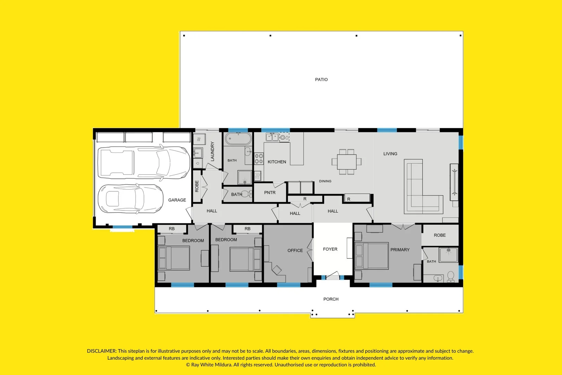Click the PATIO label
click(x=321, y=80)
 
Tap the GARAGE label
click(x=177, y=200)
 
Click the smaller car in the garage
click(x=130, y=199)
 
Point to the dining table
click(x=347, y=161)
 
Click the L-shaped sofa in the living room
click(x=421, y=194)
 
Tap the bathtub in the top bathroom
click(x=238, y=139)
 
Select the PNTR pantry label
click(x=270, y=193)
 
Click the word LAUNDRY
click(x=212, y=151)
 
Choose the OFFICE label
click(x=295, y=250)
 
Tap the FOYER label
click(x=330, y=249)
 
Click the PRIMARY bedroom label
click(x=400, y=250)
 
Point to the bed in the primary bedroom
click(x=372, y=256)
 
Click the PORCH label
click(x=331, y=299)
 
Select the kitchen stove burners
click(x=259, y=159)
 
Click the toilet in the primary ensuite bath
click(x=451, y=277)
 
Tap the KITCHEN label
click(x=277, y=162)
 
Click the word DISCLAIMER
click(x=101, y=351)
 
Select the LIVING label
click(x=390, y=154)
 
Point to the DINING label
click(x=325, y=181)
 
